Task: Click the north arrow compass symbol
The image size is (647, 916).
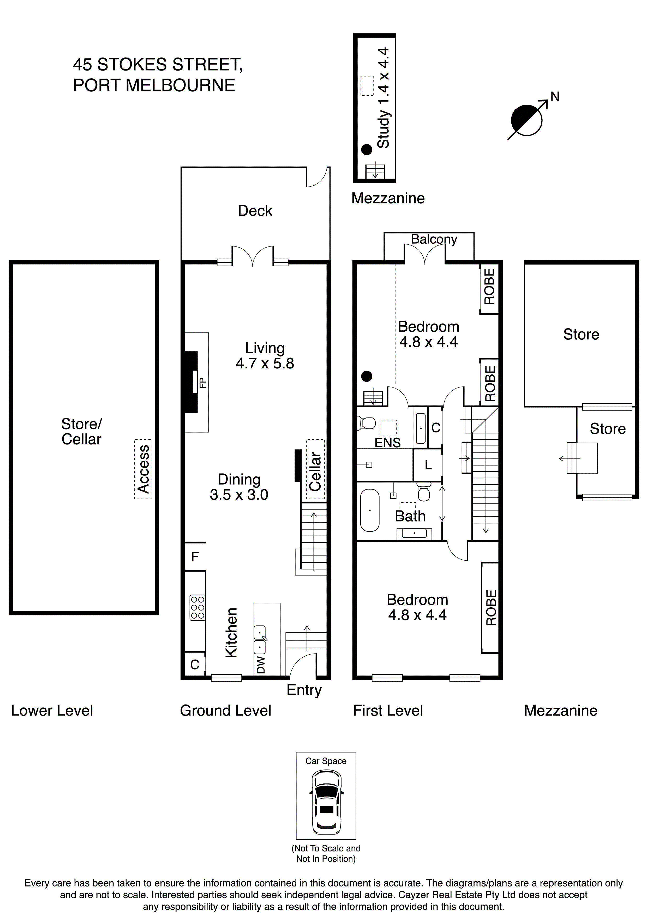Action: (527, 120)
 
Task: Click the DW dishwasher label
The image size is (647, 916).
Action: (260, 664)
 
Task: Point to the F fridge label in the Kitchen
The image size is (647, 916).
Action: (195, 556)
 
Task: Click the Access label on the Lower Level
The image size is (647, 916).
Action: (143, 469)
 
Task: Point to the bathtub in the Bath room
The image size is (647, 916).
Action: (370, 510)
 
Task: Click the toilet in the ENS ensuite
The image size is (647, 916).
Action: (366, 423)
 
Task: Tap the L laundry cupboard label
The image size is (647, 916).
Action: (428, 465)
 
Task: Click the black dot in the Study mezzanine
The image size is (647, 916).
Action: (366, 150)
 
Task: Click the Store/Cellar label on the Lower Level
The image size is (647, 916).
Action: (81, 431)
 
